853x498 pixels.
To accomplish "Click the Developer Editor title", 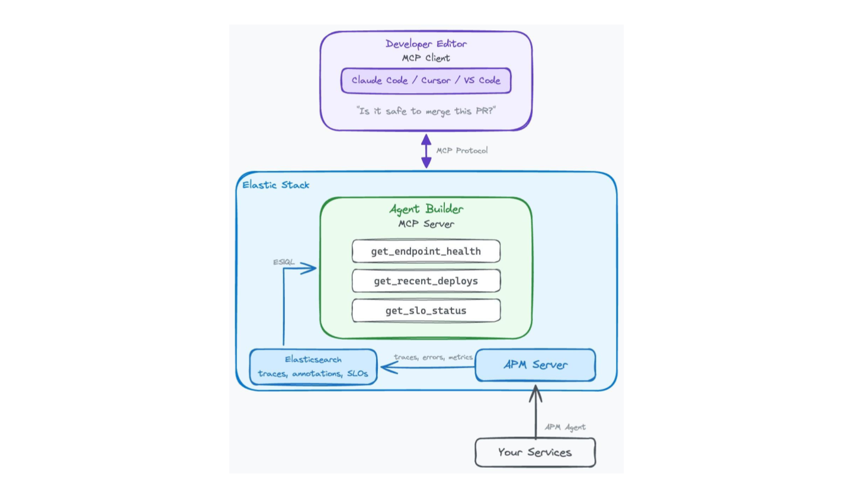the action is tap(426, 44).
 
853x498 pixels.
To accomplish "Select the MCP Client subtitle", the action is tap(426, 58).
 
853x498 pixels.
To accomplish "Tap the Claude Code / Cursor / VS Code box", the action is tap(426, 81).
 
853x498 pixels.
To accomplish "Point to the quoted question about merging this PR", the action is tap(426, 111).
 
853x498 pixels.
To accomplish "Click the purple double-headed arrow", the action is tap(426, 151).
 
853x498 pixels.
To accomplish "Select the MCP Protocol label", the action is tap(462, 151).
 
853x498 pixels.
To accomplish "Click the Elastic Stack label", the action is tap(275, 185).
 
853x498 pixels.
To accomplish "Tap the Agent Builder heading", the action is tap(426, 209).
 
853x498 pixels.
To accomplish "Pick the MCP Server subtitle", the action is tap(426, 224).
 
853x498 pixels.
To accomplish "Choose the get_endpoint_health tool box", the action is tap(426, 251).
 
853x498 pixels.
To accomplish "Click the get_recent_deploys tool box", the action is tap(426, 281).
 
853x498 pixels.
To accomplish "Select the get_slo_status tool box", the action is tap(426, 311).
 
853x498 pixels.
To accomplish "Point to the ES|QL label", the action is tap(284, 262).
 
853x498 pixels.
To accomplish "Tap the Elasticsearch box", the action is tap(313, 366).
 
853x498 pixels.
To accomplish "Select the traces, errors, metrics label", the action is tap(433, 357).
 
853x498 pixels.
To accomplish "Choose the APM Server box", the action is tap(535, 365).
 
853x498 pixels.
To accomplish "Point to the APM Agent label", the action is tap(565, 427).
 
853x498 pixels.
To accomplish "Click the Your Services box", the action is tap(535, 452).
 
